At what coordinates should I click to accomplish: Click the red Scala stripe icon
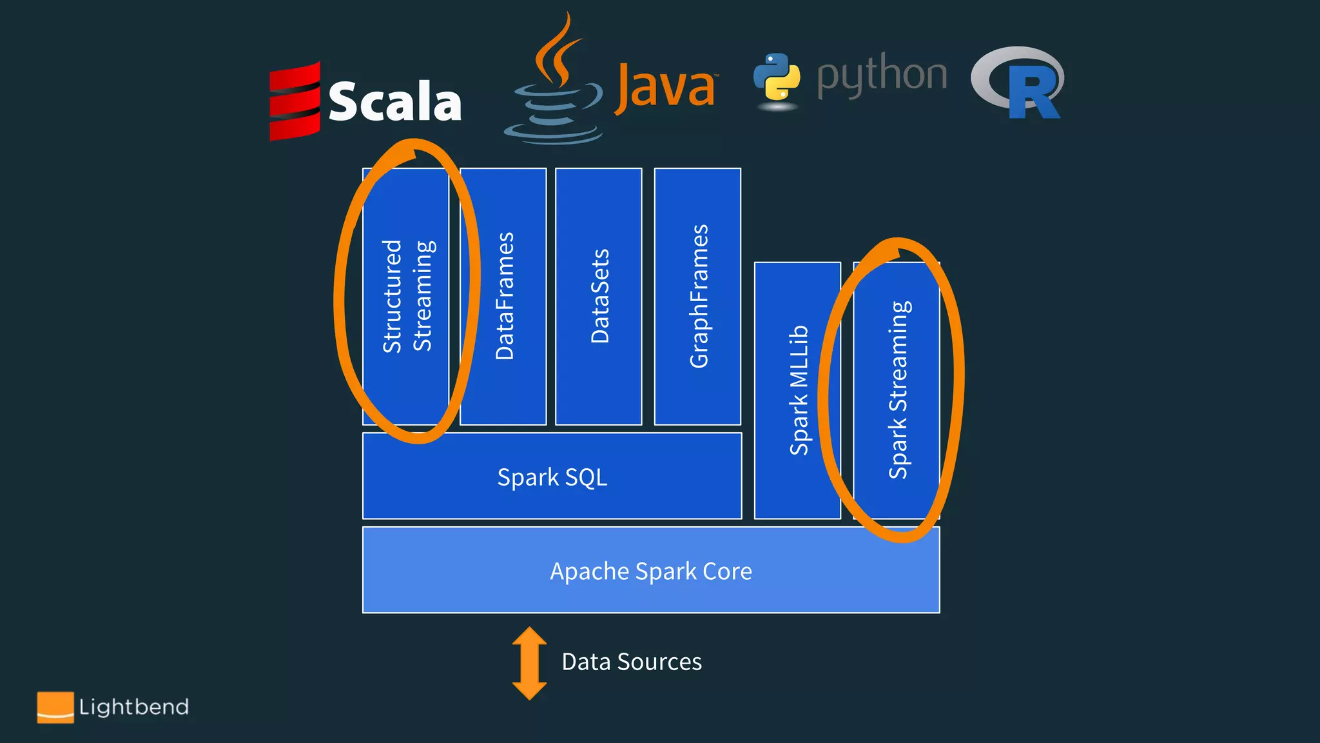295,101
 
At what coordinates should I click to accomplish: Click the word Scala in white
394,102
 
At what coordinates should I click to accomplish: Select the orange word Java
666,87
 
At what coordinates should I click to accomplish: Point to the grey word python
882,76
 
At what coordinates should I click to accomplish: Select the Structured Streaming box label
408,296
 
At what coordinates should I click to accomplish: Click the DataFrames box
504,296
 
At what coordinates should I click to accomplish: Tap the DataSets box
599,296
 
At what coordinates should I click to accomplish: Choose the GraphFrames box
698,296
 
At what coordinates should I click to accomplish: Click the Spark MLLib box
798,390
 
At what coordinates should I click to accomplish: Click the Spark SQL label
552,477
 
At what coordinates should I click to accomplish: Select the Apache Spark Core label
651,571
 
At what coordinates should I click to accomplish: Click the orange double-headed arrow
529,663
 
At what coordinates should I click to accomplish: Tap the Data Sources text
632,662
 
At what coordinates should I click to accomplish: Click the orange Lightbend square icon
55,708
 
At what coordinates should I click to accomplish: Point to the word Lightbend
134,708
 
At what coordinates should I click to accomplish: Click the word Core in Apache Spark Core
728,571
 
